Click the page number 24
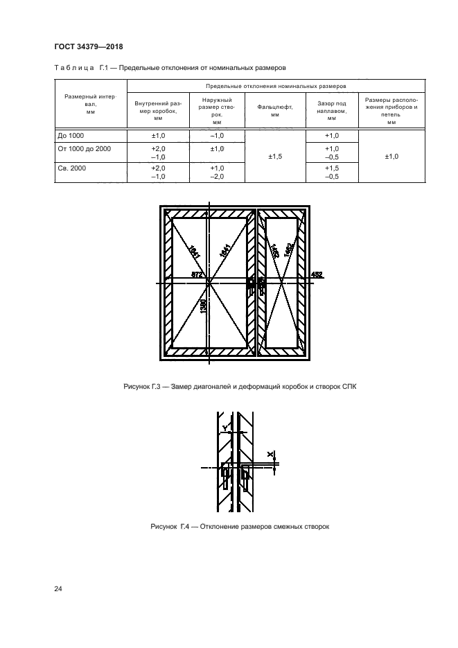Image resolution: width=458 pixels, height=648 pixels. pos(58,588)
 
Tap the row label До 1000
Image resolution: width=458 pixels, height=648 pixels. pos(69,136)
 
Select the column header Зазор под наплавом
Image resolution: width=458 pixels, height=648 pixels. pos(331,111)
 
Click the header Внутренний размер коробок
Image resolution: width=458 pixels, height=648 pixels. pos(158,111)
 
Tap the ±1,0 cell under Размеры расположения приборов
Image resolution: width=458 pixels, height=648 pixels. pos(391,157)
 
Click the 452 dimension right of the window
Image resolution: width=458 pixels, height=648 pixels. pos(317,275)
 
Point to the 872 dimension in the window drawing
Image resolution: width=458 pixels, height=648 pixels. pos(196,275)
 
